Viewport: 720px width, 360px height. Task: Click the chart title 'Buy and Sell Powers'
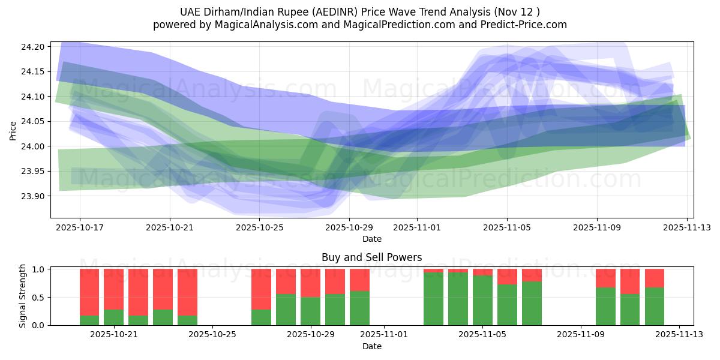pyautogui.click(x=371, y=257)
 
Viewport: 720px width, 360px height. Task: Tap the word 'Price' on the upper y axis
pyautogui.click(x=13, y=130)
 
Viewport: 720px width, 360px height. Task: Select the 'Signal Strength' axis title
pyautogui.click(x=23, y=296)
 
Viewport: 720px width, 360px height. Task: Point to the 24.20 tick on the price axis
pyautogui.click(x=35, y=47)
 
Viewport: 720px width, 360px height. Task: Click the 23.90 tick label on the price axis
pyautogui.click(x=35, y=196)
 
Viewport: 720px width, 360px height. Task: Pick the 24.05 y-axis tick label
pyautogui.click(x=35, y=122)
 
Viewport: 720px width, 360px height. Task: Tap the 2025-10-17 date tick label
pyautogui.click(x=80, y=228)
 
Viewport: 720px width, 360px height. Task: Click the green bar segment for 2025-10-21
pyautogui.click(x=114, y=317)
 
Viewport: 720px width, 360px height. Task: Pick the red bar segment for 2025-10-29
pyautogui.click(x=310, y=283)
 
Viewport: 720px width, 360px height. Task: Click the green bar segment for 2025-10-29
pyautogui.click(x=310, y=311)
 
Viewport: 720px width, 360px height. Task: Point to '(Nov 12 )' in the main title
pyautogui.click(x=515, y=12)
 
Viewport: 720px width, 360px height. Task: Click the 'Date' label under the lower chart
pyautogui.click(x=371, y=346)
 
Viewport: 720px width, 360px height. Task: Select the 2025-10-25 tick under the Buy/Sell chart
pyautogui.click(x=212, y=335)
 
